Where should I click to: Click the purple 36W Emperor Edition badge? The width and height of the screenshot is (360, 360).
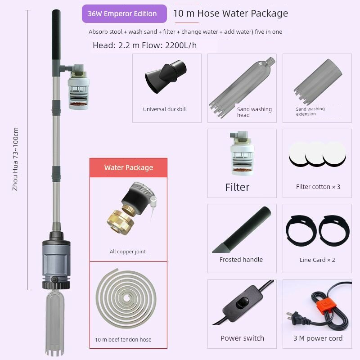pyautogui.click(x=124, y=14)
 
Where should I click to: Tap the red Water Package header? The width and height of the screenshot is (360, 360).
pyautogui.click(x=128, y=167)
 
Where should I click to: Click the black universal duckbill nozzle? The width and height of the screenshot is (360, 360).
pyautogui.click(x=166, y=76)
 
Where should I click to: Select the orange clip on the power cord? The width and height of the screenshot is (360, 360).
pyautogui.click(x=326, y=306)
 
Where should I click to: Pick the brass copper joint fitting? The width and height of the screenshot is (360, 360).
pyautogui.click(x=120, y=222)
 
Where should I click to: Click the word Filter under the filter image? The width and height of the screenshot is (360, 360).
pyautogui.click(x=237, y=187)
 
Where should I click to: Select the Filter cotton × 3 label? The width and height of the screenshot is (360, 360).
pyautogui.click(x=318, y=187)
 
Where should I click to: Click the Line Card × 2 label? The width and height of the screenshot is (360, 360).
pyautogui.click(x=317, y=260)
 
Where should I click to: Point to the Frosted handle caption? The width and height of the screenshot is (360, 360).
pyautogui.click(x=241, y=260)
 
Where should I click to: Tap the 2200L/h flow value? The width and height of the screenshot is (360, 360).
pyautogui.click(x=181, y=45)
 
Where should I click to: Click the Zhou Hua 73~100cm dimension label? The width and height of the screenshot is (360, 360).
pyautogui.click(x=15, y=159)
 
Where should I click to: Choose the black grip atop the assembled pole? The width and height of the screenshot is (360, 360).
pyautogui.click(x=56, y=35)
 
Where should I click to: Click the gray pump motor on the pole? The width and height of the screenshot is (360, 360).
pyautogui.click(x=56, y=261)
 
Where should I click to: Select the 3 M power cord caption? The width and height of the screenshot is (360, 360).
pyautogui.click(x=318, y=338)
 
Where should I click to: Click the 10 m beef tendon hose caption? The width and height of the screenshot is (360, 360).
pyautogui.click(x=123, y=340)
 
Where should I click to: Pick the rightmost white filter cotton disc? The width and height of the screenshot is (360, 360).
pyautogui.click(x=334, y=153)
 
